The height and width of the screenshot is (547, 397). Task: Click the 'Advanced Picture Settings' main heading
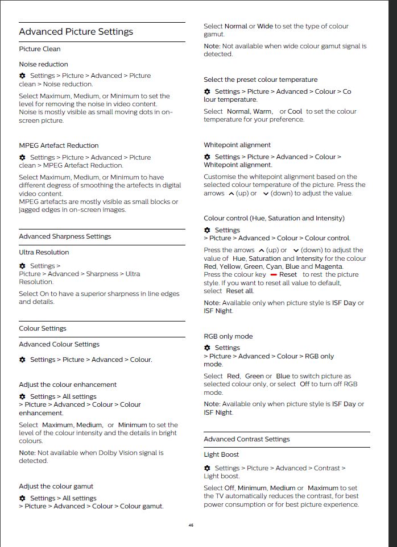[76, 32]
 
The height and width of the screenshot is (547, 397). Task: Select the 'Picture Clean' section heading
[40, 49]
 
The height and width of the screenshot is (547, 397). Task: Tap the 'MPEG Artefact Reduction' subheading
[59, 145]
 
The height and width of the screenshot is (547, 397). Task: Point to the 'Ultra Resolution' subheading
[44, 252]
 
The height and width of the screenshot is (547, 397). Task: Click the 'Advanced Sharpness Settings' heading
[65, 236]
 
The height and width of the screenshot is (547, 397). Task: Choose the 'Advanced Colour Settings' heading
[59, 344]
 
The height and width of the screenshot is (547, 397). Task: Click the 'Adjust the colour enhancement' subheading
[68, 385]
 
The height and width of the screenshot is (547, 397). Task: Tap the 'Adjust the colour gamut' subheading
[56, 486]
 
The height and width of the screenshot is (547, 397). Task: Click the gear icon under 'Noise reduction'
[22, 76]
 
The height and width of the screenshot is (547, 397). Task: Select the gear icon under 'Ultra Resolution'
[22, 266]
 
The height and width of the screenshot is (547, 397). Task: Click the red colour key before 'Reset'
[274, 275]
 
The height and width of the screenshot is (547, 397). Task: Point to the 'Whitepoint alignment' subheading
[237, 145]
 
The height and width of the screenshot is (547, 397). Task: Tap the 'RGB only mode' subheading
[228, 336]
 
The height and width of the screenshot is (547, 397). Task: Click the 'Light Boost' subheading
[221, 454]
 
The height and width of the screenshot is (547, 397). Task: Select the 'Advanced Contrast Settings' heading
[247, 439]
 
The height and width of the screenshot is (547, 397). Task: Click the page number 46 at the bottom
[191, 525]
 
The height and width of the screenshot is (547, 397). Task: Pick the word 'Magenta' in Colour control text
[329, 266]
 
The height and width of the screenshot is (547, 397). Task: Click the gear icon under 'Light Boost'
[207, 468]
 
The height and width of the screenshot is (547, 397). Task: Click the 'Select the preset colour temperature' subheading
[260, 80]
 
